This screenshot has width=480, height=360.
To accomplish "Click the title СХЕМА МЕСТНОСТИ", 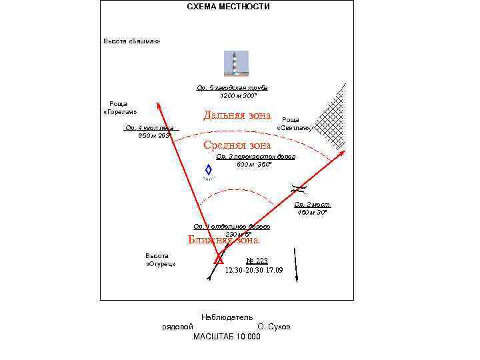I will click(x=228, y=7).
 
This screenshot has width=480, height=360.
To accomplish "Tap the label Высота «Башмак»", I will click(x=131, y=41).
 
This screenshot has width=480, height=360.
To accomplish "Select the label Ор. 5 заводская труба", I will click(x=232, y=87).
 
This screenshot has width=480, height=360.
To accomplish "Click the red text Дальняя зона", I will click(x=237, y=115).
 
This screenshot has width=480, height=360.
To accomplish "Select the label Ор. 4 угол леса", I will click(x=149, y=128).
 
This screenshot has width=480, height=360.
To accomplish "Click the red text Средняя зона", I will click(x=237, y=145).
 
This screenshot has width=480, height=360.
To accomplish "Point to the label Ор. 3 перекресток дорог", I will click(x=255, y=157).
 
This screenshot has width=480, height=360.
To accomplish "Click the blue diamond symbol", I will click(x=208, y=171).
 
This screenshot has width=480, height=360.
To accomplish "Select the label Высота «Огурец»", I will click(x=160, y=260).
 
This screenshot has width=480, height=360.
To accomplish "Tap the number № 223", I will click(x=257, y=261).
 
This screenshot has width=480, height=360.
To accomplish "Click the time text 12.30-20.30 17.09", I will click(x=253, y=270).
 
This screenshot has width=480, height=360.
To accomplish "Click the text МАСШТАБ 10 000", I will click(x=227, y=337).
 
